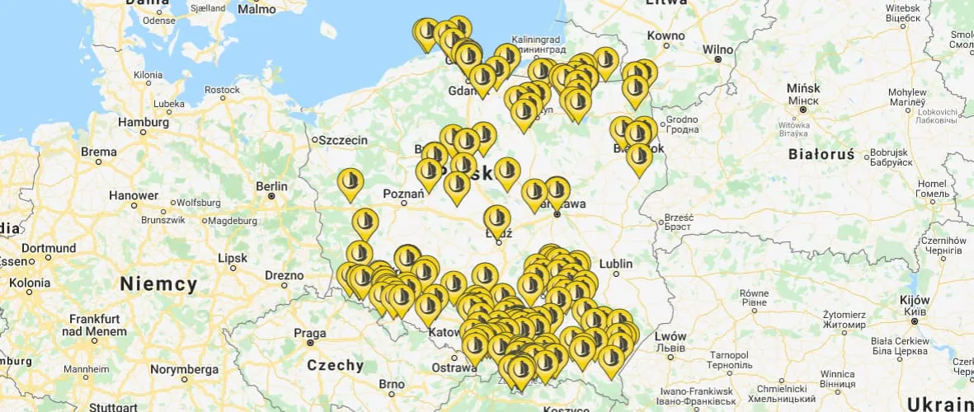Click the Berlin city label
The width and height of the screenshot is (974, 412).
271,185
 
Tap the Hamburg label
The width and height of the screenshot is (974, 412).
143,121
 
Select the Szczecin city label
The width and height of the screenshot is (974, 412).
344,140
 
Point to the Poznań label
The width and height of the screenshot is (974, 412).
403,194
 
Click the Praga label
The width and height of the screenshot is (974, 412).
310,332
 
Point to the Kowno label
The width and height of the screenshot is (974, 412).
666,35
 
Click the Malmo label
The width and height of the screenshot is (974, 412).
256,10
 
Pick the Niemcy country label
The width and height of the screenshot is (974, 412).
158,285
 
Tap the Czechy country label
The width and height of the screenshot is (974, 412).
335,365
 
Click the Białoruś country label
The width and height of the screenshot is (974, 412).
825,153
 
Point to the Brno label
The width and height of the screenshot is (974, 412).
391,384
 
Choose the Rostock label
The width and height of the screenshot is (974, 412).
222,90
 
